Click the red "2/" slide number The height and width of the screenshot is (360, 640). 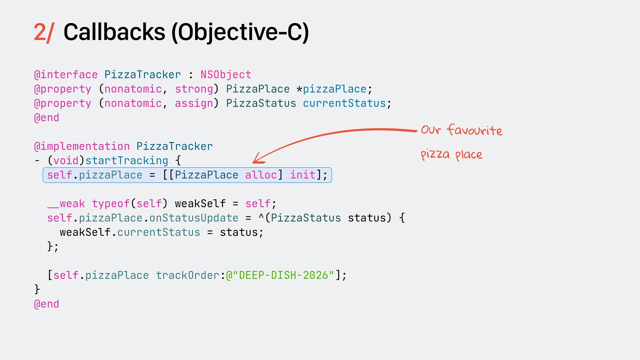click(x=44, y=32)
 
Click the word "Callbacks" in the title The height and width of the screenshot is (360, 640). click(x=114, y=32)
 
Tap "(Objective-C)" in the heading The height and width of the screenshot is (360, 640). click(x=240, y=32)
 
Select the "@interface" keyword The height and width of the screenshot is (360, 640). click(x=66, y=75)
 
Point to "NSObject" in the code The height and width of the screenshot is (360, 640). click(x=226, y=75)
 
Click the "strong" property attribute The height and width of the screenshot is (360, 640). click(x=194, y=89)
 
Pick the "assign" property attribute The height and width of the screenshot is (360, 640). click(x=194, y=103)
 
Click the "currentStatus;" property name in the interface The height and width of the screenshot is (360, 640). click(x=347, y=103)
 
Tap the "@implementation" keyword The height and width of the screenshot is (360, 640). click(x=82, y=146)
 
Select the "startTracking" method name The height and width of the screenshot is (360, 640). click(x=127, y=161)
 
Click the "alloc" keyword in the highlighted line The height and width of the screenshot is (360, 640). click(x=261, y=175)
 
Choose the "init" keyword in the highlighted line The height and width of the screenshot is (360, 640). click(x=303, y=175)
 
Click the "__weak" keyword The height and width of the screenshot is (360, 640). click(x=66, y=204)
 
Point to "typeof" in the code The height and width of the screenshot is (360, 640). click(x=111, y=204)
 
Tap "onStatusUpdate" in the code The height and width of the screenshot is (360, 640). click(x=194, y=218)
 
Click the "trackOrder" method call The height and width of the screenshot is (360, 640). click(x=188, y=275)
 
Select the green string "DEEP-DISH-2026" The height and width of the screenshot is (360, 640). click(x=283, y=275)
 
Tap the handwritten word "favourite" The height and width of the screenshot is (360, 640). click(x=474, y=130)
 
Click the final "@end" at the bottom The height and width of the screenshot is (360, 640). click(x=47, y=304)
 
